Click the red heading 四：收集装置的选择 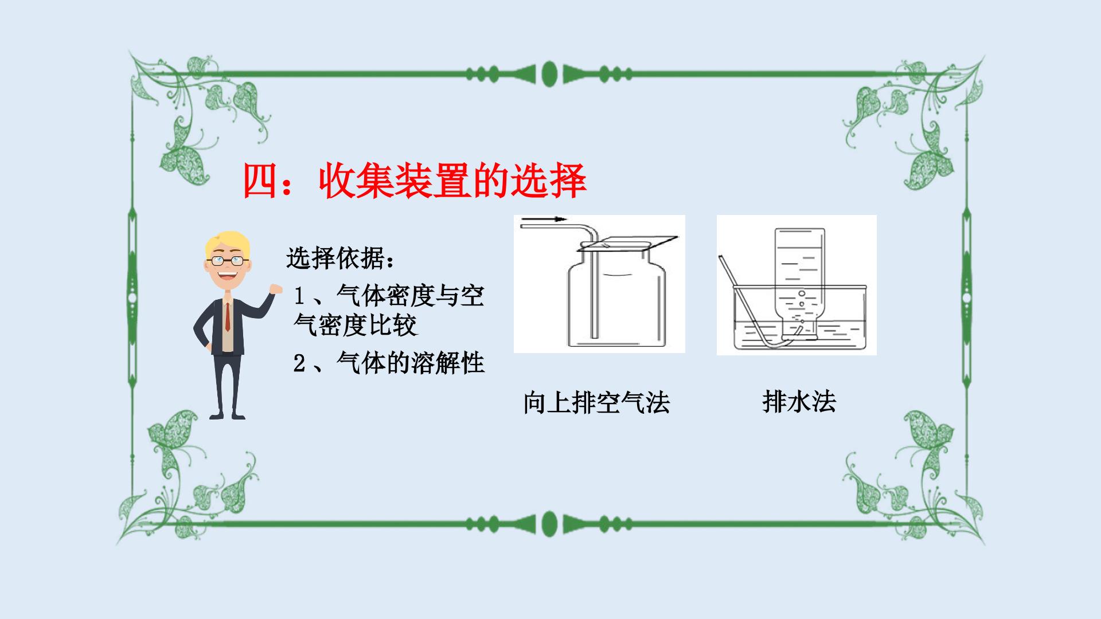(x=415, y=181)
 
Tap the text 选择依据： (x=341, y=258)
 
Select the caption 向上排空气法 (x=596, y=402)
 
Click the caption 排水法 (x=799, y=401)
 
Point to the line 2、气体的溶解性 (x=389, y=363)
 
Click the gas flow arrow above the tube (x=544, y=219)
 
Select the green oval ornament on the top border (x=549, y=74)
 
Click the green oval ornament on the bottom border (x=549, y=523)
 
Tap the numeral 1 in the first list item (x=299, y=296)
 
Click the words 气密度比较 (x=356, y=326)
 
